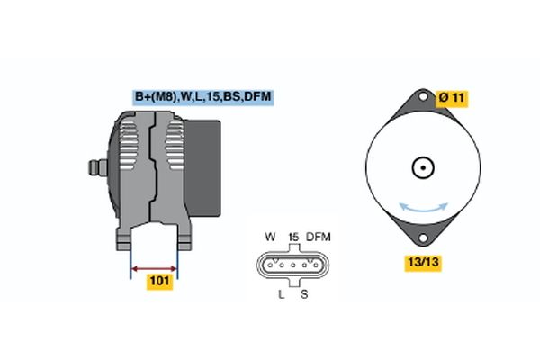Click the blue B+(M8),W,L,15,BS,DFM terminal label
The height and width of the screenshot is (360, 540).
[x=203, y=97]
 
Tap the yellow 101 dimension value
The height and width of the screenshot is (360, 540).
[x=159, y=281]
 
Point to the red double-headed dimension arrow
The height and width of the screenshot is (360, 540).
[x=154, y=269]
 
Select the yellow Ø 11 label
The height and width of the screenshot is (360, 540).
[x=452, y=98]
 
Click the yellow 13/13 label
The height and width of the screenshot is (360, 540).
[x=423, y=263]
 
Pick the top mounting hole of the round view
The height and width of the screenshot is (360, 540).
[x=423, y=97]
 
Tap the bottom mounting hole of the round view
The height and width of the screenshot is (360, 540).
[x=423, y=238]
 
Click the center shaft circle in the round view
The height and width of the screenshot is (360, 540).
[x=423, y=167]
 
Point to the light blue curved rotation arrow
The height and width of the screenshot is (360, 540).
[x=423, y=209]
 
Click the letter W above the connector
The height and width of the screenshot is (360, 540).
[x=270, y=237]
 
